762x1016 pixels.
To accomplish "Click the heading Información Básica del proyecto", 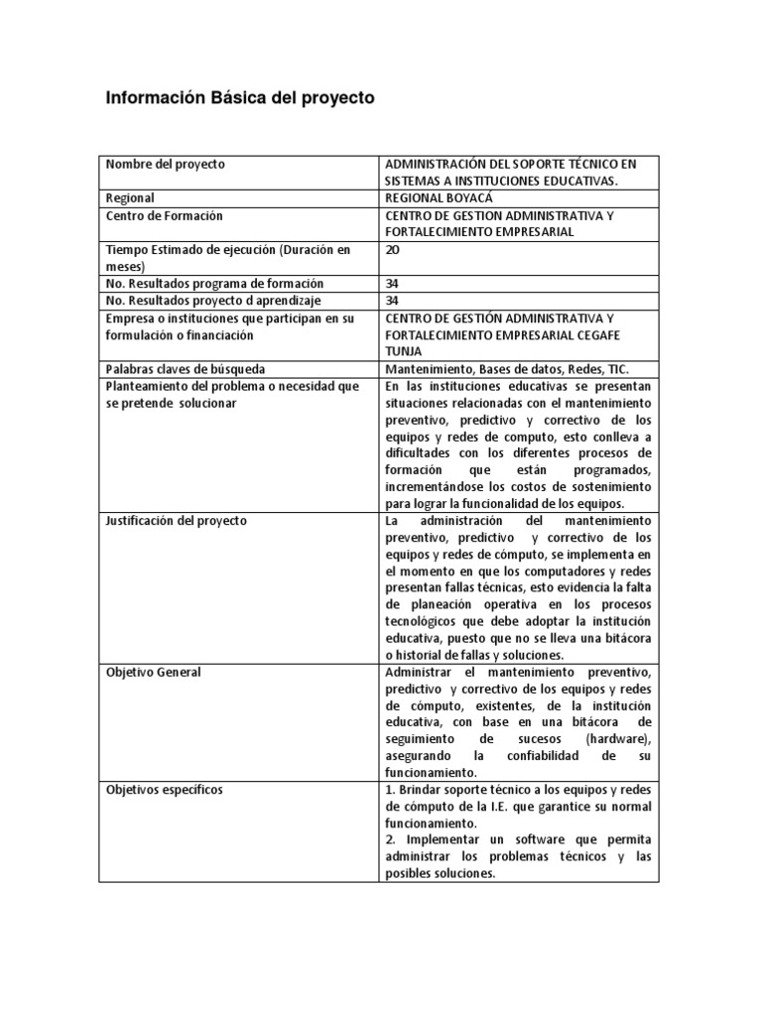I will click(x=240, y=99).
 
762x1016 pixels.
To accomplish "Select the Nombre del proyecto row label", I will click(x=165, y=164).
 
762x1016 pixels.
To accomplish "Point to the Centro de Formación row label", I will click(x=164, y=215).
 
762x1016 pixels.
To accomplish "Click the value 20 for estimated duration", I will click(x=393, y=250).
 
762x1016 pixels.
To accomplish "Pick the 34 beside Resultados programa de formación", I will click(x=392, y=284).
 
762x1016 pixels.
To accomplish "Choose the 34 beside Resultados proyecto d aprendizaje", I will click(x=392, y=301).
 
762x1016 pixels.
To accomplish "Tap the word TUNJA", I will click(x=403, y=351).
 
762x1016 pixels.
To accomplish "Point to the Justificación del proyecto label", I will click(x=177, y=521).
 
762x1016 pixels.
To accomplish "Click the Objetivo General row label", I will click(x=153, y=673).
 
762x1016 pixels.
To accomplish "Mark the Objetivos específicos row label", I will click(x=164, y=791).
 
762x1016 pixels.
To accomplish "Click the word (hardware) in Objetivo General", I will click(x=619, y=740).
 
